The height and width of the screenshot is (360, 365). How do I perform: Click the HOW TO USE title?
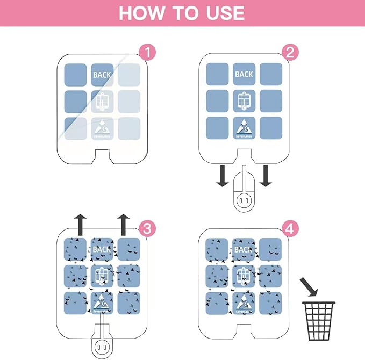pyautogui.click(x=182, y=13)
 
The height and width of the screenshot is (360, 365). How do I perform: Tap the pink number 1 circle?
pyautogui.click(x=147, y=53)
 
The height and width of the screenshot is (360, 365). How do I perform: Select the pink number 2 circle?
pyautogui.click(x=290, y=53)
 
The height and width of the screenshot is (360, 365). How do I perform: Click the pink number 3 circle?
pyautogui.click(x=147, y=228)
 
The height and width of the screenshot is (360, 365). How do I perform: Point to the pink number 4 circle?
pyautogui.click(x=290, y=228)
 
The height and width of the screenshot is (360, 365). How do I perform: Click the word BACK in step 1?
pyautogui.click(x=102, y=75)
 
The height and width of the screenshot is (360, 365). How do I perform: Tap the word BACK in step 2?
pyautogui.click(x=244, y=74)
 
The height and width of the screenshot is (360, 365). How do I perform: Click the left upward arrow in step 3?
pyautogui.click(x=80, y=222)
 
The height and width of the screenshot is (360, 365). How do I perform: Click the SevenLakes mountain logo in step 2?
pyautogui.click(x=244, y=128)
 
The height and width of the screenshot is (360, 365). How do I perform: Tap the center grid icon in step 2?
pyautogui.click(x=244, y=101)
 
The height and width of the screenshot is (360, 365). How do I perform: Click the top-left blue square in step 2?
pyautogui.click(x=217, y=74)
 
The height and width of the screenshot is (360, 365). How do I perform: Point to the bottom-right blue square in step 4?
pyautogui.click(x=270, y=303)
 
